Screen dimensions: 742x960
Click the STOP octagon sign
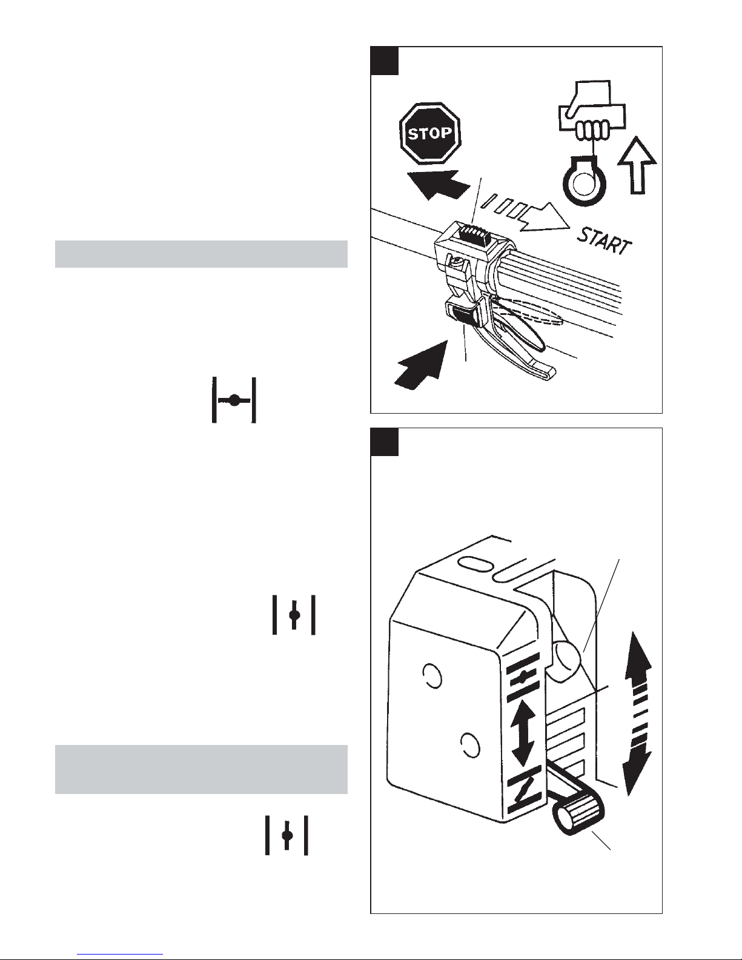pyautogui.click(x=430, y=133)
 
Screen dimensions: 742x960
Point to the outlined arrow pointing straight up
pyautogui.click(x=637, y=165)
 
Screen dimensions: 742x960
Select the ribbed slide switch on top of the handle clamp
pyautogui.click(x=472, y=231)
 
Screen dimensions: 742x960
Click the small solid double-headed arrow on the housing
pyautogui.click(x=523, y=734)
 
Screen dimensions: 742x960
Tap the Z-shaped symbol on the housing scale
pyautogui.click(x=525, y=795)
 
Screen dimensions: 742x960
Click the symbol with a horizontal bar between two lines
pyautogui.click(x=234, y=400)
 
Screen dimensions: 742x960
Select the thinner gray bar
pyautogui.click(x=201, y=254)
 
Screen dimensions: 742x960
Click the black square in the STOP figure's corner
pyautogui.click(x=384, y=61)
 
